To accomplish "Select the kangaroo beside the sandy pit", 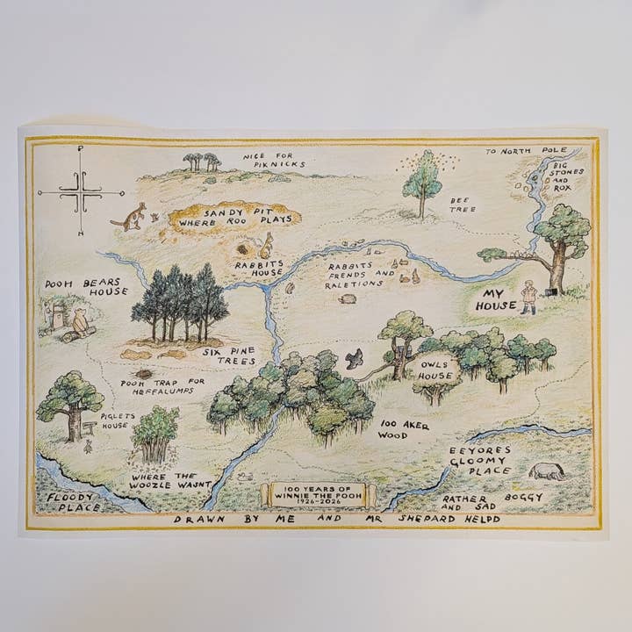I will pyautogui.click(x=134, y=216).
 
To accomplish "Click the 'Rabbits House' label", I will pyautogui.click(x=258, y=267).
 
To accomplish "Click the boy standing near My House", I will pyautogui.click(x=528, y=296).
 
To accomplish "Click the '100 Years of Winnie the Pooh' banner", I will pyautogui.click(x=320, y=492).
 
